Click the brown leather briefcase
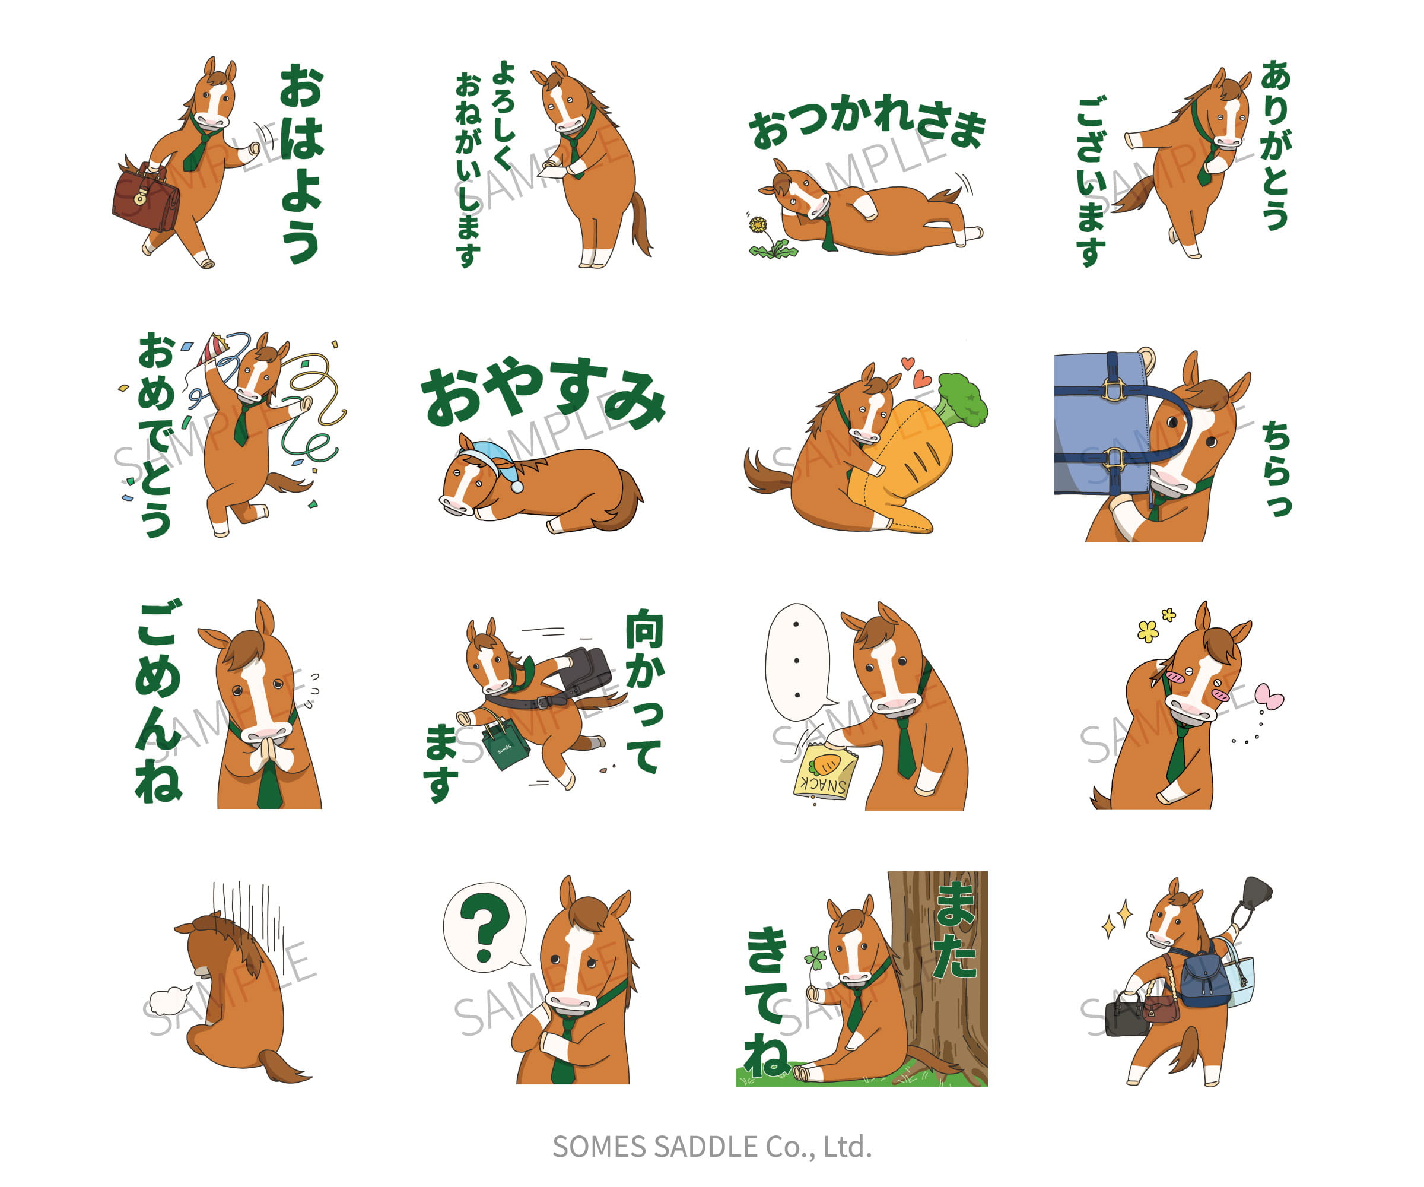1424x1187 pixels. tap(145, 199)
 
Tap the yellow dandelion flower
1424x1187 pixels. tap(758, 224)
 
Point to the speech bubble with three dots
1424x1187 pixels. tap(799, 663)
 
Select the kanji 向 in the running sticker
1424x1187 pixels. tap(644, 629)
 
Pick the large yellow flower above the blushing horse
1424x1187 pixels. tap(1148, 631)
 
